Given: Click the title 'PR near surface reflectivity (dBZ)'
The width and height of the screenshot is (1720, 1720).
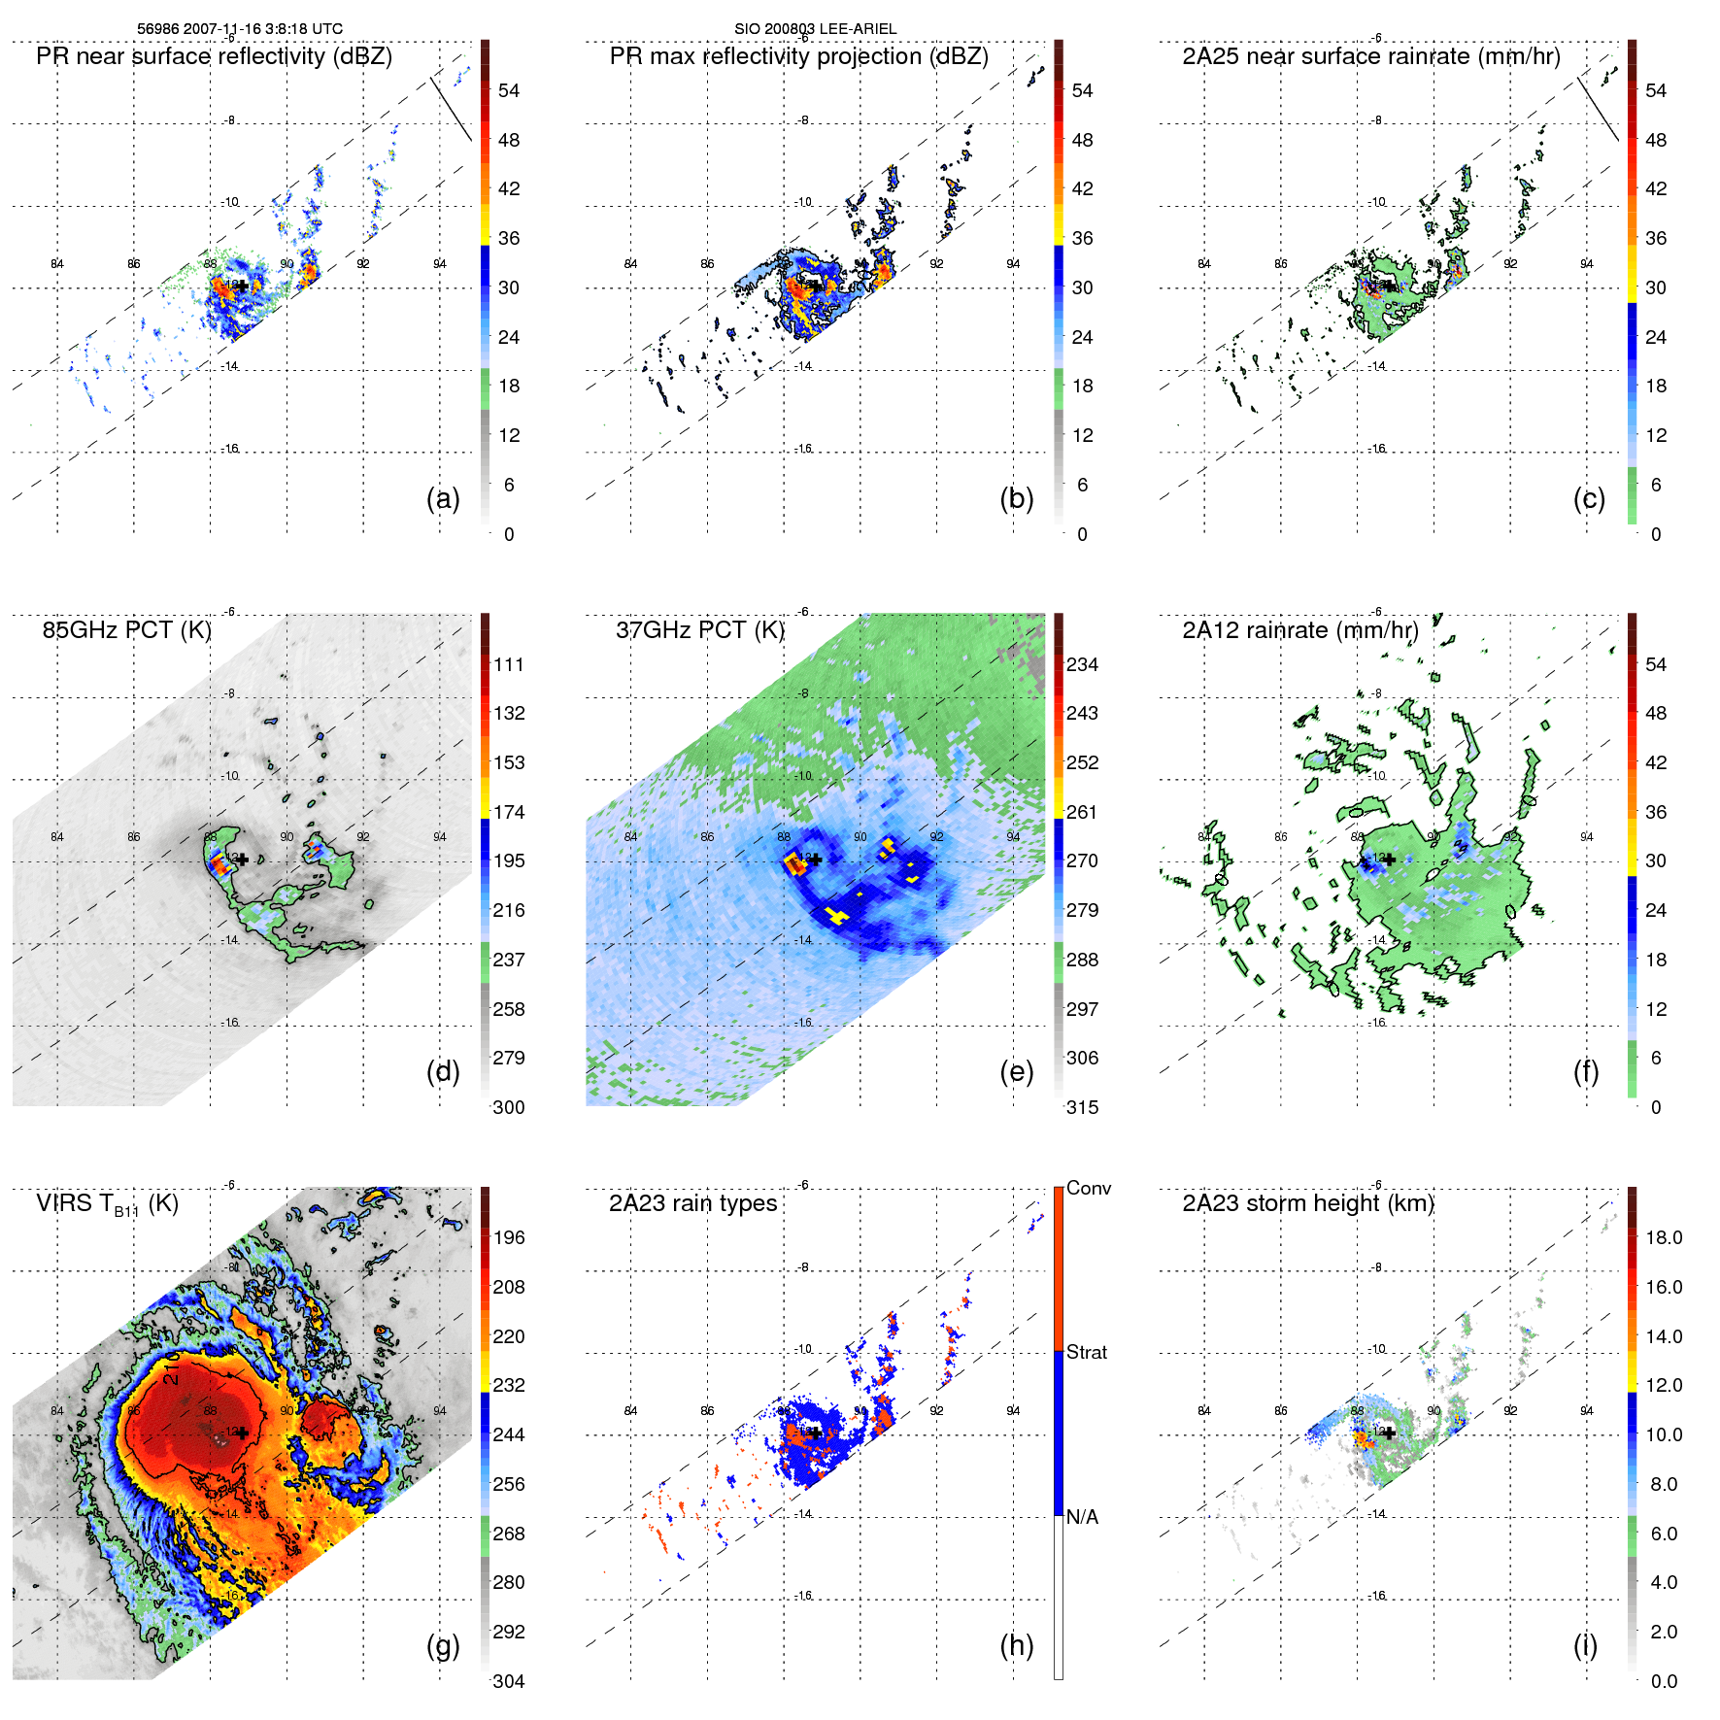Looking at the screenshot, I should [x=214, y=56].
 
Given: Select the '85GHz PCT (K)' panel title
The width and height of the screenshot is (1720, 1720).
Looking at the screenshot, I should [x=126, y=630].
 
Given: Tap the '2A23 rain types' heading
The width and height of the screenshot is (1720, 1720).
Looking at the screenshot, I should [x=692, y=1203].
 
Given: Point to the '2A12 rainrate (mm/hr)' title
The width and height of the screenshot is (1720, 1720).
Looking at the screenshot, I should [x=1299, y=630].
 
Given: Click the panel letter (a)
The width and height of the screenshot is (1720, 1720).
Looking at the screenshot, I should [x=443, y=498].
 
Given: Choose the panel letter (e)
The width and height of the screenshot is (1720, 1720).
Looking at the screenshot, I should [x=1016, y=1071].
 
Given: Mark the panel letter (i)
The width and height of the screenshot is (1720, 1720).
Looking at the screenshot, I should [x=1585, y=1645].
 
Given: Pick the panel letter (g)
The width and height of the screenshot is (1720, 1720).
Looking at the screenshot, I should [x=443, y=1645].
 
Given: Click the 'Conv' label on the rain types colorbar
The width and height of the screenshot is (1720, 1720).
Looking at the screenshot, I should [x=1088, y=1188].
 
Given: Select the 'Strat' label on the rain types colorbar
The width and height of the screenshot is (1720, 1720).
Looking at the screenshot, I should [x=1086, y=1352].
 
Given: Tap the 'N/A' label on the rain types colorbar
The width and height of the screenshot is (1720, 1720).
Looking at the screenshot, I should [x=1082, y=1517].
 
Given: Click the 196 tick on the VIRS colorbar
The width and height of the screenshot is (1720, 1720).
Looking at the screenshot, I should [x=508, y=1237].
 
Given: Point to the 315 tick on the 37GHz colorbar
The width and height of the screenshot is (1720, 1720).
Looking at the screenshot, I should [x=1082, y=1107].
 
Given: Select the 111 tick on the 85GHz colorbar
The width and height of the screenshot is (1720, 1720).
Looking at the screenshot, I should [x=508, y=664].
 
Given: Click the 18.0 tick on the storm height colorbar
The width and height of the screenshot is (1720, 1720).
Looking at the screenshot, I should [x=1663, y=1237].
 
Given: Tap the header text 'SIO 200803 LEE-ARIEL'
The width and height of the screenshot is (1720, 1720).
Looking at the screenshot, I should [x=815, y=29].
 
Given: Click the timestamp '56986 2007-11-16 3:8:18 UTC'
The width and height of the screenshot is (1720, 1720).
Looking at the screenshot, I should [x=239, y=29].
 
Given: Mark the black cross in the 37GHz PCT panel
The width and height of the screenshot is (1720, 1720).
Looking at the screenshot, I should [x=816, y=860].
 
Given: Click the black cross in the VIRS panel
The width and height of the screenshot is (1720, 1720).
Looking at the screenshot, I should [x=242, y=1433].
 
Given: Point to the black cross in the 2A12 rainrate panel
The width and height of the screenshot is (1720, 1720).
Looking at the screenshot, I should [x=1389, y=860].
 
